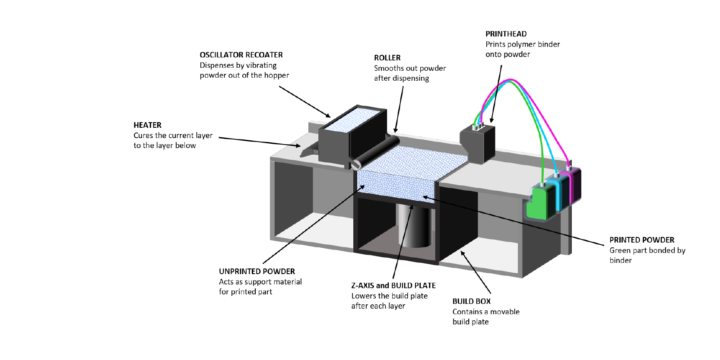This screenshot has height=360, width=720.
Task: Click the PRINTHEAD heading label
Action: coord(506,34)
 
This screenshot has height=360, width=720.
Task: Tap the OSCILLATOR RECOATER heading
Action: coord(241,55)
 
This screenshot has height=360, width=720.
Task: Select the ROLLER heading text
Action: coord(387,58)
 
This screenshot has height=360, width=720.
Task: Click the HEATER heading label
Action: coord(147,125)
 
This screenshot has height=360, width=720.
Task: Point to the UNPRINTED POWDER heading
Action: coord(257,272)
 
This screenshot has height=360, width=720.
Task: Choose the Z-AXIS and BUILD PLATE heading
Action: coord(393,286)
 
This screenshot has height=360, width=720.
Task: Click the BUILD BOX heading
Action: coord(471,301)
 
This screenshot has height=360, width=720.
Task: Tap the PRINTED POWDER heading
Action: coord(641,240)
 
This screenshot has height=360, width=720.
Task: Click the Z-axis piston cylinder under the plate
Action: coord(415,227)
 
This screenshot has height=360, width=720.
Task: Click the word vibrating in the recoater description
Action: coord(261,65)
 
